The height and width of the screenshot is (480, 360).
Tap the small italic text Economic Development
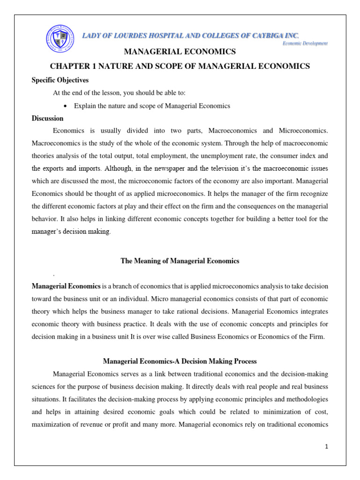pos(305,43)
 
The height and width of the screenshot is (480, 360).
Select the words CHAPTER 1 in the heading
pos(72,67)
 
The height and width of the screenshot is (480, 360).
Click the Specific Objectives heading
pos(60,80)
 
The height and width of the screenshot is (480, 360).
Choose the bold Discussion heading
pos(47,118)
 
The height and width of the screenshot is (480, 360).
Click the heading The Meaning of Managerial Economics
pos(180,261)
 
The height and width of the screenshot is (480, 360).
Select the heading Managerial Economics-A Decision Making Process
pos(180,361)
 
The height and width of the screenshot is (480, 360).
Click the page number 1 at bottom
pos(326,447)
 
